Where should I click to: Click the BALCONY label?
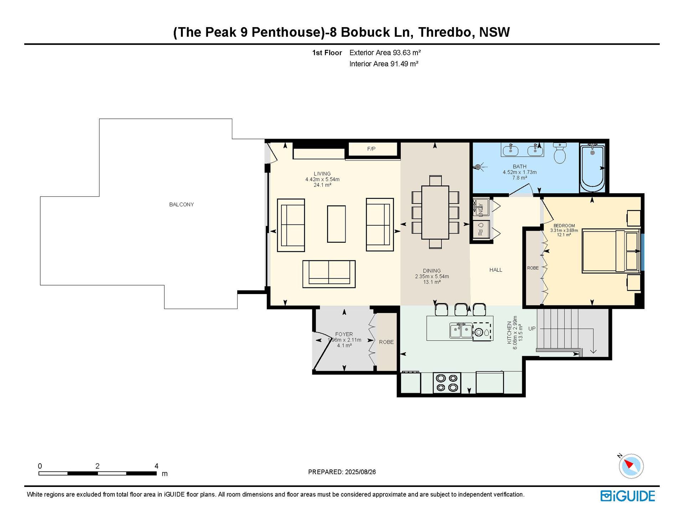181,205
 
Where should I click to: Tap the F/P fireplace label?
371,149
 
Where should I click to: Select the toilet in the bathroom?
560,153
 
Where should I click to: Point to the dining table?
435,212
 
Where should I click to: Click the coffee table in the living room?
336,224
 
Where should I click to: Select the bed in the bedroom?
611,252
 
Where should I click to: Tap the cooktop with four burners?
447,383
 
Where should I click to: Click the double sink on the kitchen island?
461,331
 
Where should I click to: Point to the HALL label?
496,270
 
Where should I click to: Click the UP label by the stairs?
532,329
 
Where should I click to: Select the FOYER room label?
344,334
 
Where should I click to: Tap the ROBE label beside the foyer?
387,342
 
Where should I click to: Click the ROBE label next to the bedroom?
533,268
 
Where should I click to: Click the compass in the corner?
631,466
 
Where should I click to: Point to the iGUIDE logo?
628,496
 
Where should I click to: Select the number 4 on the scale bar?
156,466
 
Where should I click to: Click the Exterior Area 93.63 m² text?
385,53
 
